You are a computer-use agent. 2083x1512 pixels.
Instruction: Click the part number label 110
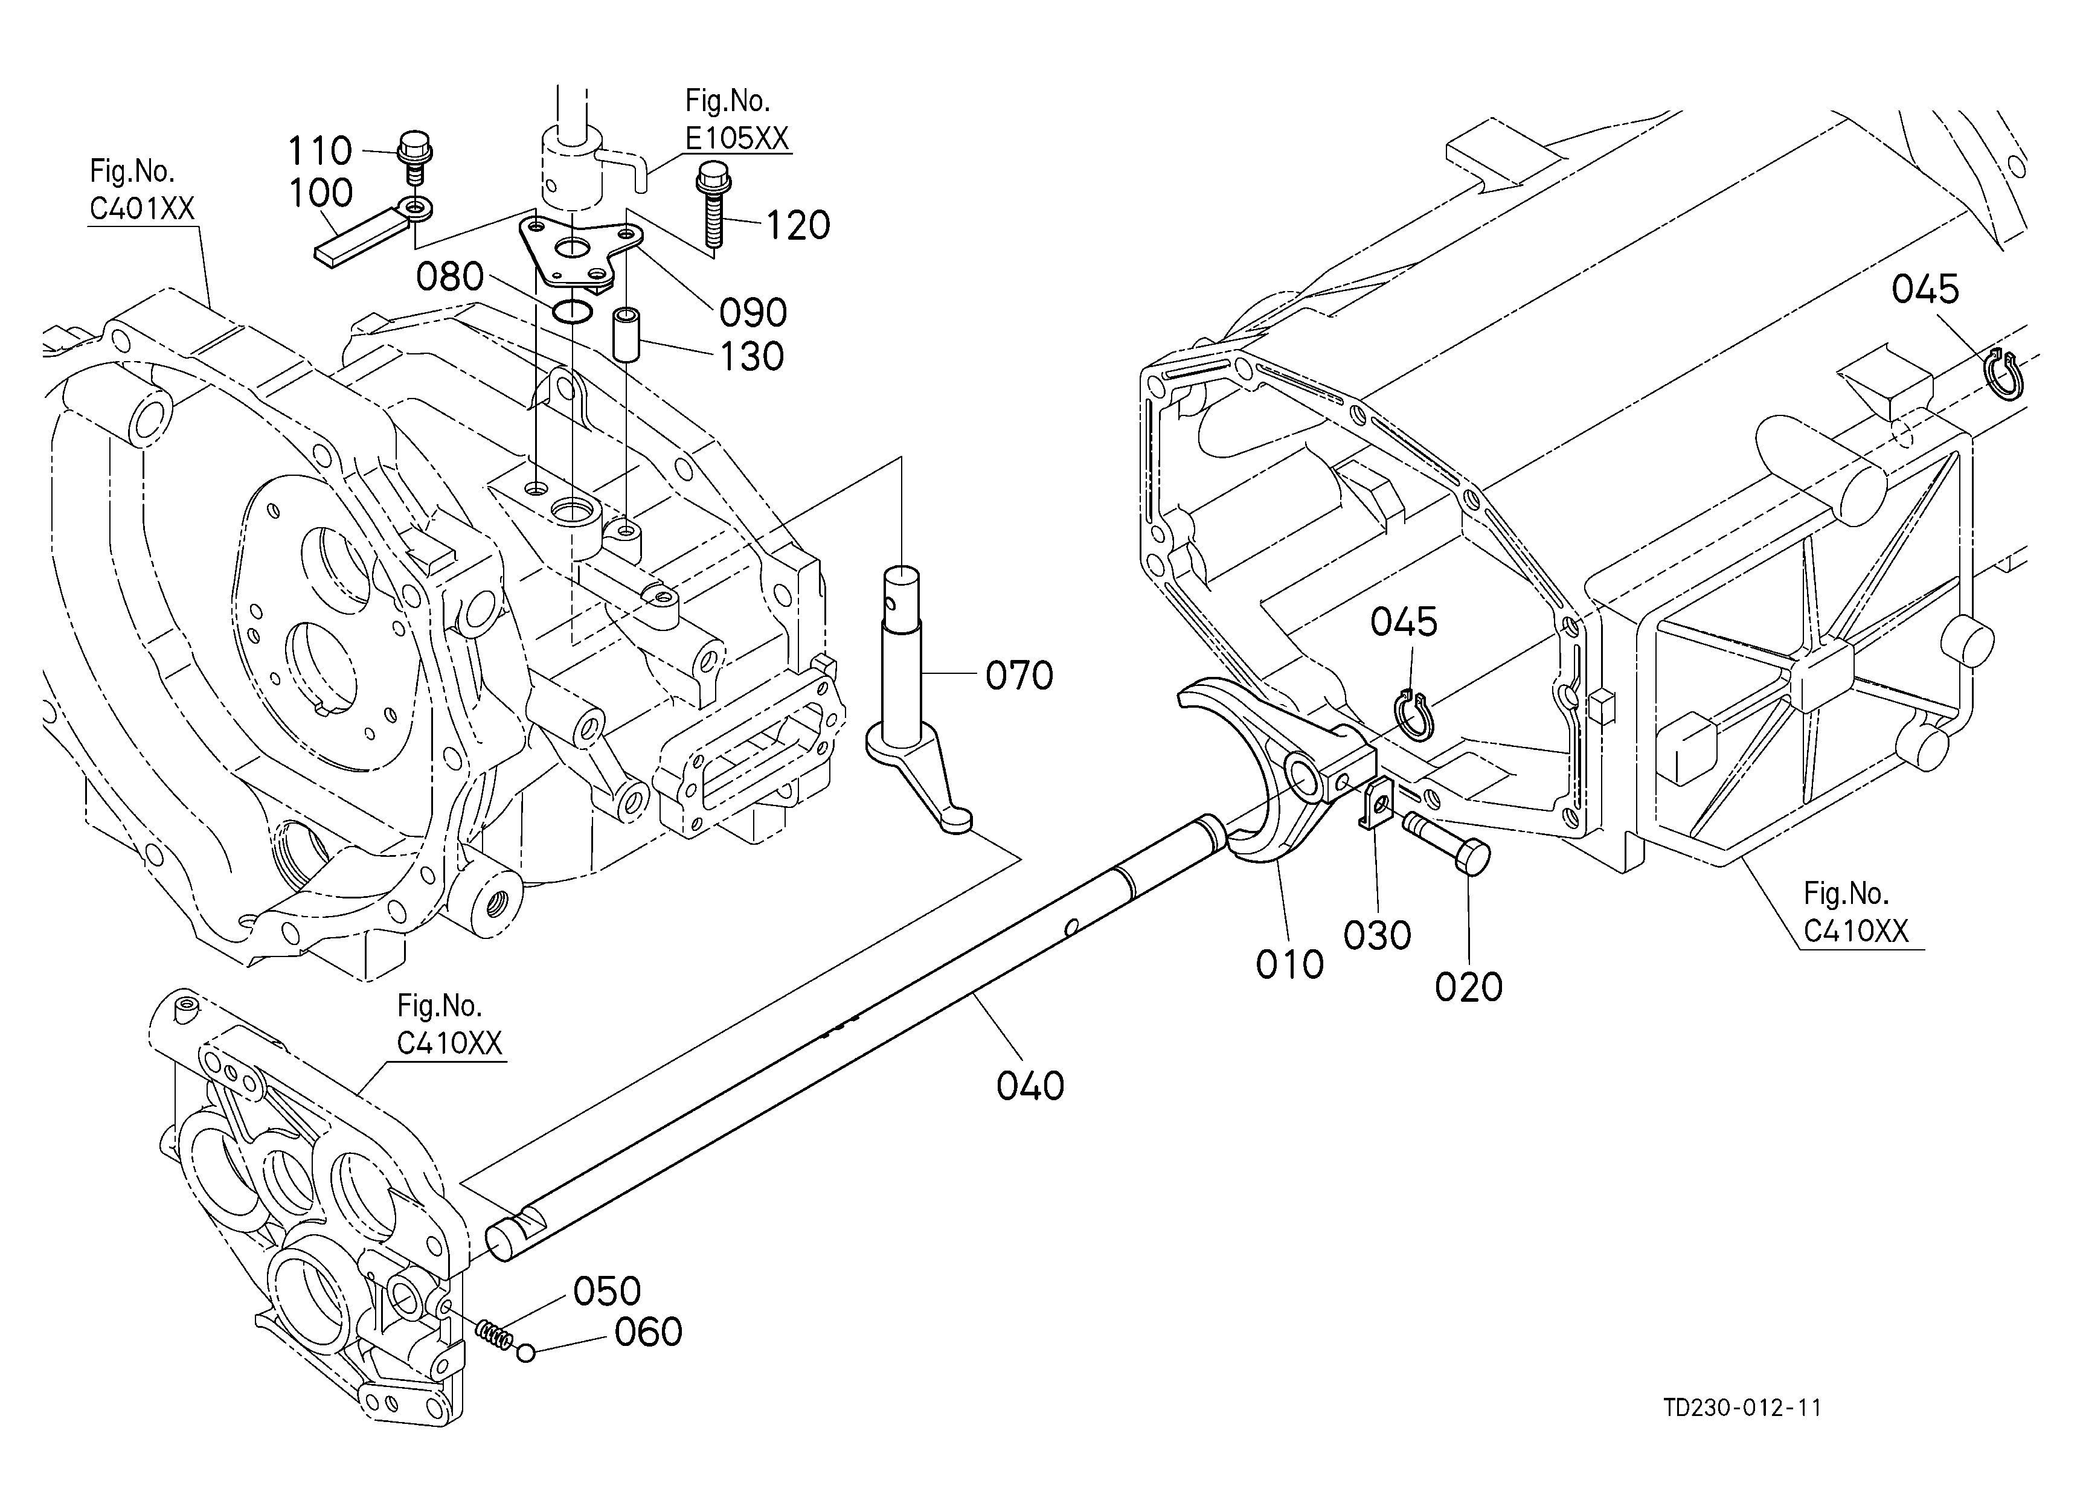click(319, 150)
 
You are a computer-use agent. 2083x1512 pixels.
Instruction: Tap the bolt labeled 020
click(1446, 844)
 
